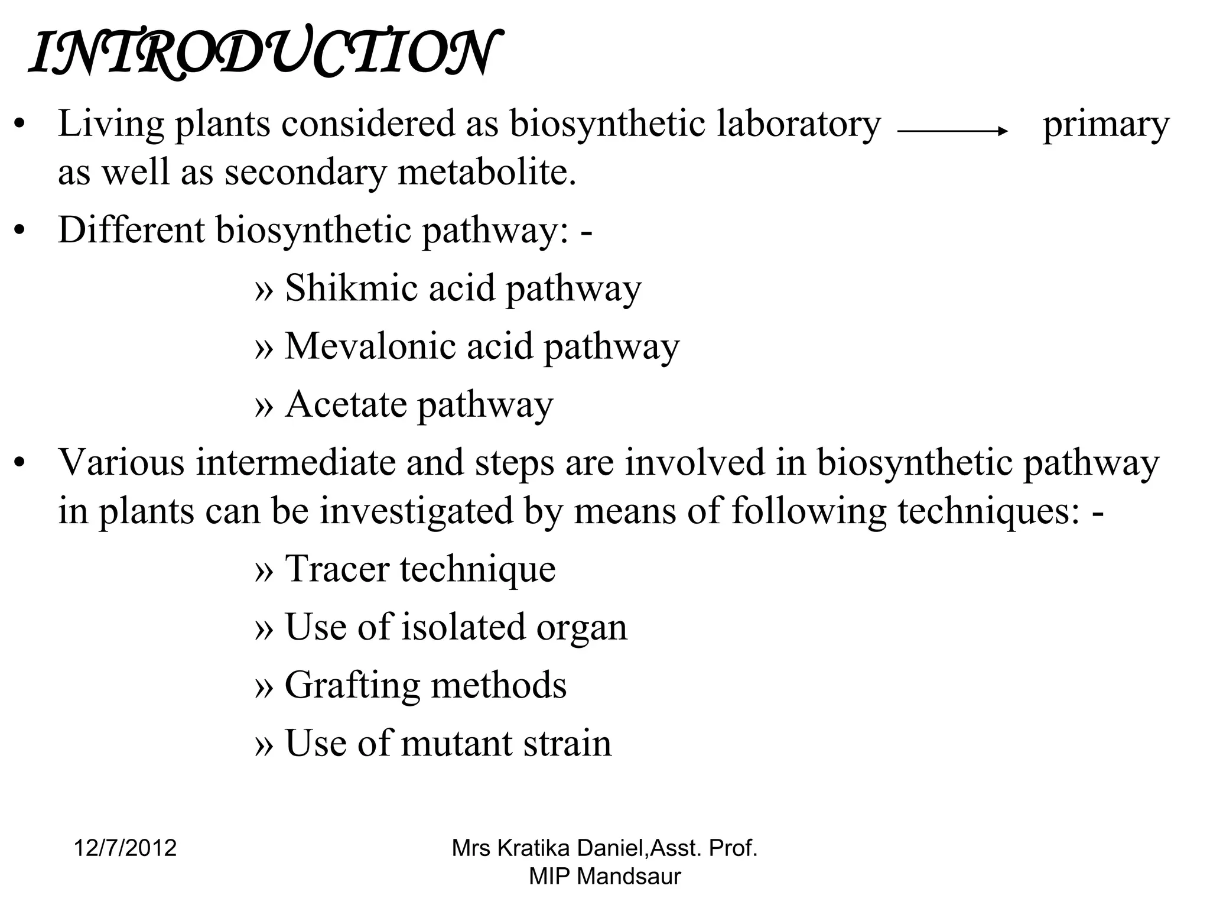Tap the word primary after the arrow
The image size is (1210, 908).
point(1105,126)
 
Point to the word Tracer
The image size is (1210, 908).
point(337,569)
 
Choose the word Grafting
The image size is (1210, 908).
point(352,686)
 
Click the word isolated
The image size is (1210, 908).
point(463,627)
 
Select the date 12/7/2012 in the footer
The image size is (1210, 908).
point(125,848)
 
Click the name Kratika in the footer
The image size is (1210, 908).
point(534,848)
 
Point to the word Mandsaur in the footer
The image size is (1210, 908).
point(629,876)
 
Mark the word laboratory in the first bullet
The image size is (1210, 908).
point(799,125)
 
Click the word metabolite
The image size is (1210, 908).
point(486,173)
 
